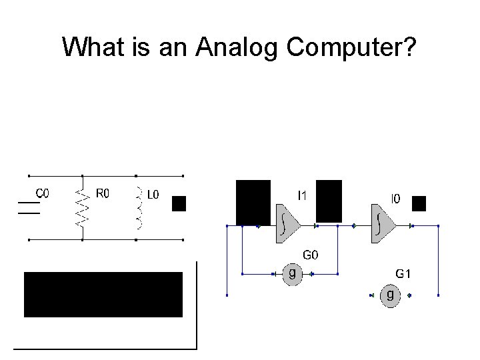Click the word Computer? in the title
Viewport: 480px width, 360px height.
pos(351,47)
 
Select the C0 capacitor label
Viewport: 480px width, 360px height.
pos(42,193)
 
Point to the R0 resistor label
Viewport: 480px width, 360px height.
pos(103,193)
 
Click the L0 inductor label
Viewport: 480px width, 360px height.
pos(153,195)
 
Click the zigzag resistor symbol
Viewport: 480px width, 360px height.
pos(82,204)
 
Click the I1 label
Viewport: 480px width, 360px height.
pos(302,195)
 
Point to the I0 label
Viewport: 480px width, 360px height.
pos(395,198)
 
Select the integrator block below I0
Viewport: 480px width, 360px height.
pos(381,225)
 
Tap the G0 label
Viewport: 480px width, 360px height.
pos(311,254)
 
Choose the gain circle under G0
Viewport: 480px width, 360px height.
pos(292,274)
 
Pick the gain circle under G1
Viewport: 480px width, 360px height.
pos(390,295)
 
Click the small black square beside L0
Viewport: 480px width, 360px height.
pos(179,203)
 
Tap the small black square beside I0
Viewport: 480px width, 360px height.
pos(419,203)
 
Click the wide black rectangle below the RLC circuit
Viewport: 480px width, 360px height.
pos(103,294)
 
